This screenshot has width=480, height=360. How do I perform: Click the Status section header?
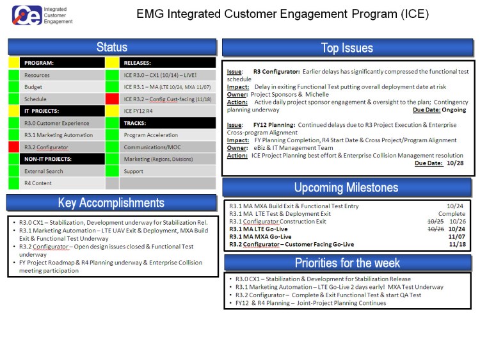point(112,47)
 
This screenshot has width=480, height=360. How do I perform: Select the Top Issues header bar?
point(347,48)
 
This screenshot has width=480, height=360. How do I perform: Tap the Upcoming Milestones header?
point(347,188)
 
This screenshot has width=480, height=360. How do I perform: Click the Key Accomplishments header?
point(112,203)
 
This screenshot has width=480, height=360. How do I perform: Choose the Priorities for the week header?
point(347,263)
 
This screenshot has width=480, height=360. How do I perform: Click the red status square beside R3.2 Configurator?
point(14,147)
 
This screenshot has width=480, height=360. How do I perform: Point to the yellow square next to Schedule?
point(14,99)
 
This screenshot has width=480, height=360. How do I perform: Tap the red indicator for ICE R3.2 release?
point(113,99)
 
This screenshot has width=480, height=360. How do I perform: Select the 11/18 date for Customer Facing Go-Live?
point(457,244)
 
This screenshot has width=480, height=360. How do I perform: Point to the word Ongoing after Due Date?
point(454,110)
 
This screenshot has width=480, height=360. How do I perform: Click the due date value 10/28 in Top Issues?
point(456,163)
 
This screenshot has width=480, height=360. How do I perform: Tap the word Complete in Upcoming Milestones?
point(452,214)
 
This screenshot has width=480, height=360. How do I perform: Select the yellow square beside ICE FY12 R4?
point(113,111)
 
